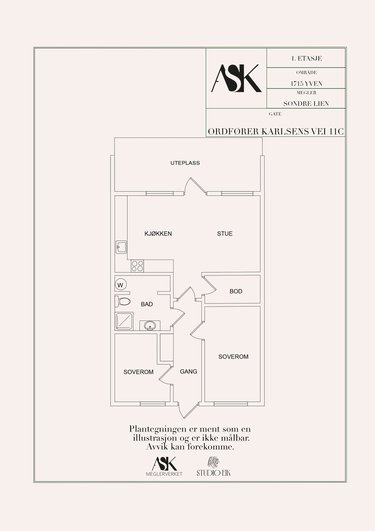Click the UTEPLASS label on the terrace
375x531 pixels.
point(185,163)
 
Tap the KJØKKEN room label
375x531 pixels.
point(158,234)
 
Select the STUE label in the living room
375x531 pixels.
point(225,234)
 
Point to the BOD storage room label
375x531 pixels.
point(236,291)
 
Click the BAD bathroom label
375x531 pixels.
point(147,304)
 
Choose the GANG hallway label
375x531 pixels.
point(189,371)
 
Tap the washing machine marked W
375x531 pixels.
point(120,285)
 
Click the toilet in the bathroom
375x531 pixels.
point(123,301)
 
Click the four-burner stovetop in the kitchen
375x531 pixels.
point(137,266)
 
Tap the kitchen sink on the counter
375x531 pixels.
point(121,247)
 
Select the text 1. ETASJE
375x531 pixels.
point(306,58)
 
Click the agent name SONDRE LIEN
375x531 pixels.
point(306,104)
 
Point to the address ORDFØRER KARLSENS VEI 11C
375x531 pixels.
point(276,132)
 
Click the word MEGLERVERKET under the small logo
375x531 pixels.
point(164,474)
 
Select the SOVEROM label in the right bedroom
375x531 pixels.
point(233,357)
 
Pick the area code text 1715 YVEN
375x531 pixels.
point(306,83)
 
